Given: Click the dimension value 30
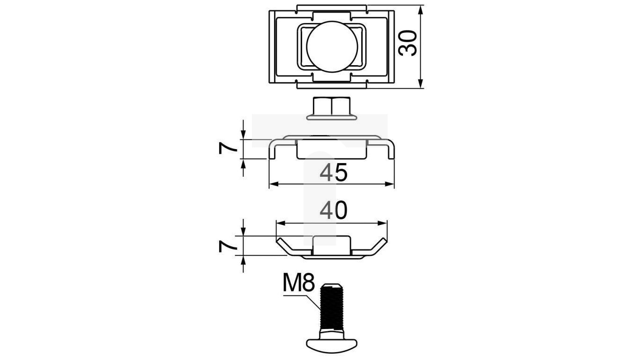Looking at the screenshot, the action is coord(408,43).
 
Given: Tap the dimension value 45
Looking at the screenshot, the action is coord(334,172).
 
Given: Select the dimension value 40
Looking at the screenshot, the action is coord(334,210).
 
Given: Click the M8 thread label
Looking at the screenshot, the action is coord(299,283).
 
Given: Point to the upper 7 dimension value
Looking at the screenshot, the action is coord(228,149).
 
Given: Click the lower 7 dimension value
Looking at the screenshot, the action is coord(228,247).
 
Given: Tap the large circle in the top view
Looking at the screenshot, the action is coord(332,47).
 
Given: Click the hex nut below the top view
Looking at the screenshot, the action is coord(332,106).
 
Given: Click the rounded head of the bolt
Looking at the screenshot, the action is coord(332,345).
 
